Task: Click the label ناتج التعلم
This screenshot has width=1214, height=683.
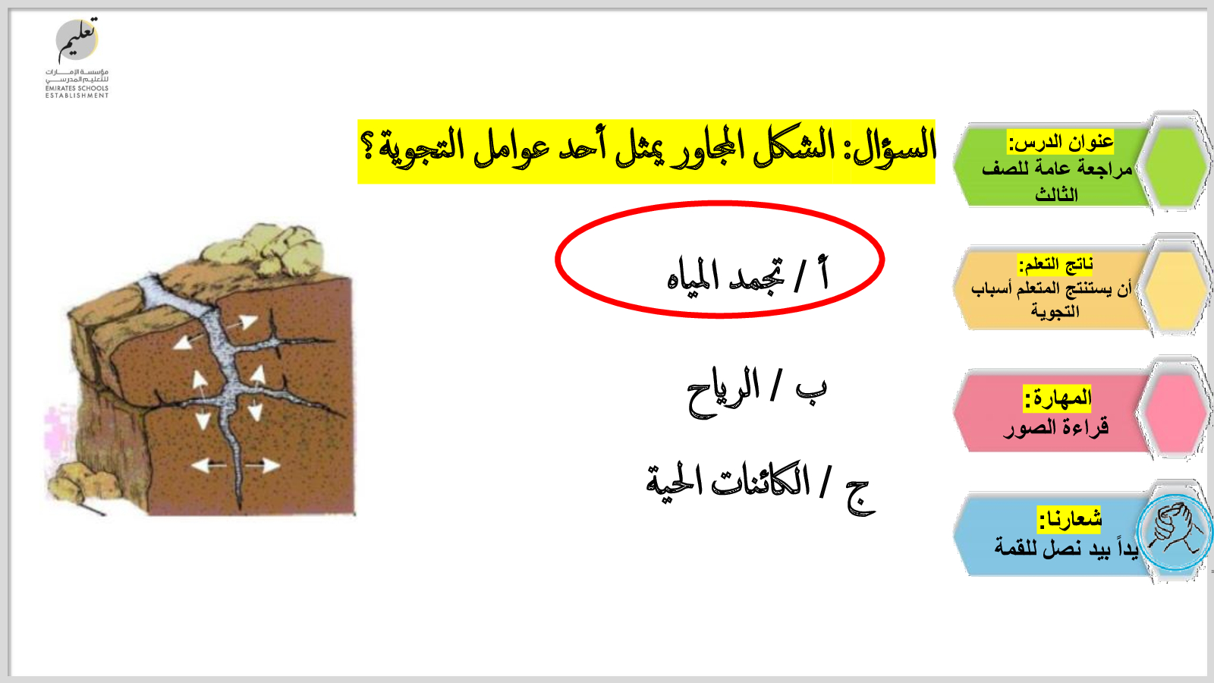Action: (x=1055, y=265)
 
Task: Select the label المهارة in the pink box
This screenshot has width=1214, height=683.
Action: (x=1058, y=398)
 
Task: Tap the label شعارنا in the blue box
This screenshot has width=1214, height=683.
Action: (x=1069, y=520)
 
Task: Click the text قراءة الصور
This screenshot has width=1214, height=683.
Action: (x=1055, y=428)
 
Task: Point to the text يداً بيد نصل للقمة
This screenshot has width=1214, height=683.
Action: (x=1065, y=548)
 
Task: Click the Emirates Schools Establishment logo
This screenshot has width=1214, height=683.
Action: (x=77, y=58)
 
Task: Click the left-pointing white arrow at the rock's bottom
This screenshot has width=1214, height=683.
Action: (x=209, y=465)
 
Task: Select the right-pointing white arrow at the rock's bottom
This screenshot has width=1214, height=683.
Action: (x=263, y=465)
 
